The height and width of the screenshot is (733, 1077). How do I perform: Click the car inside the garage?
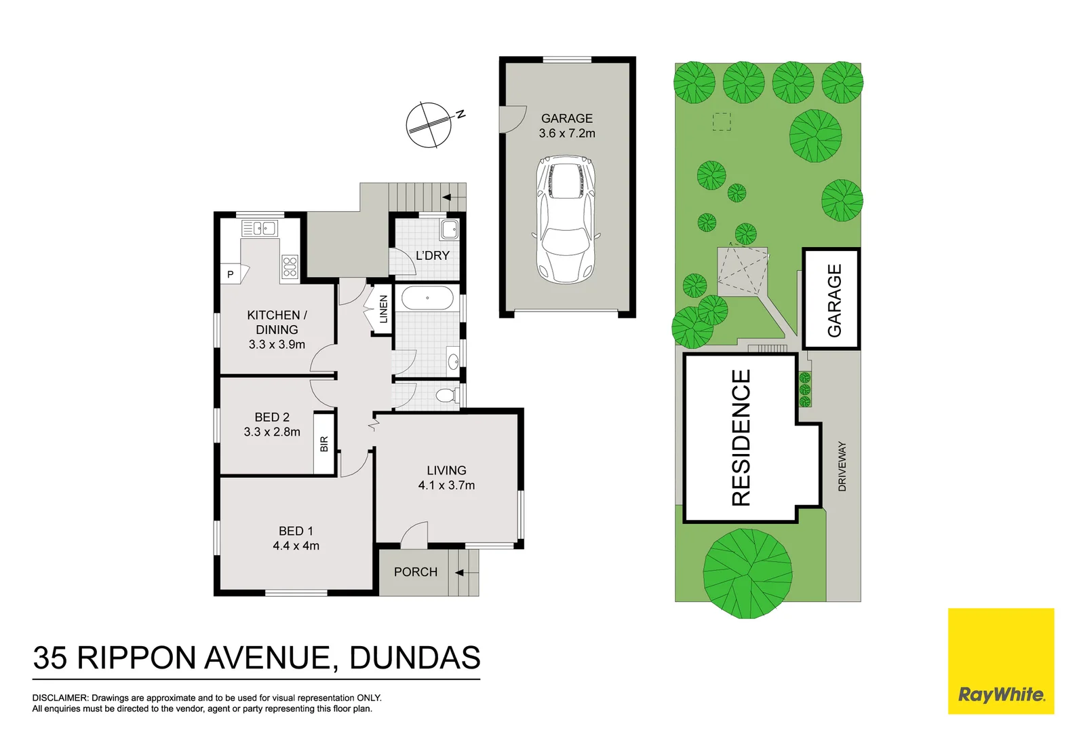click(x=566, y=219)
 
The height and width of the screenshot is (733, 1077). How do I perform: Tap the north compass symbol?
click(x=429, y=125)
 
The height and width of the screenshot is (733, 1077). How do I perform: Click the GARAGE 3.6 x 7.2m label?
click(x=567, y=126)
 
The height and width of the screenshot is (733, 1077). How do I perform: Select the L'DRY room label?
click(x=433, y=256)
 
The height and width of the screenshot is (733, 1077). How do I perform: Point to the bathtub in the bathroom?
click(x=427, y=298)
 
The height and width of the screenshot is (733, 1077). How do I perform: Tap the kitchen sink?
click(x=259, y=229)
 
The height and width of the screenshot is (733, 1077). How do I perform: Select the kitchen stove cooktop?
click(x=290, y=267)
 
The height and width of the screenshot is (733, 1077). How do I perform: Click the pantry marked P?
click(x=231, y=274)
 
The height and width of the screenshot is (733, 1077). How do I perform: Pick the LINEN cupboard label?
click(x=383, y=309)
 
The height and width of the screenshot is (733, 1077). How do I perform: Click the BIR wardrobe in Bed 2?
click(x=324, y=444)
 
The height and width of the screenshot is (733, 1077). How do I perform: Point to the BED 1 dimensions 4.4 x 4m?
click(x=296, y=546)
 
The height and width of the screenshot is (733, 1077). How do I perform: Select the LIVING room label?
click(x=446, y=470)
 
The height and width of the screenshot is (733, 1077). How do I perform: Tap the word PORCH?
click(x=416, y=572)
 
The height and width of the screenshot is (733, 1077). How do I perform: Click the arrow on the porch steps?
click(x=460, y=573)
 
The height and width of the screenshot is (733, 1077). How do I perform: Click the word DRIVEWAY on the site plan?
click(x=842, y=466)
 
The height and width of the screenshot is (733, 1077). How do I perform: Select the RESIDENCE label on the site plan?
click(x=741, y=438)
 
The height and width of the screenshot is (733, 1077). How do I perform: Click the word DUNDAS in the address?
click(x=415, y=658)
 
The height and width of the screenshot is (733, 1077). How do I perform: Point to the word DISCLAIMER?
click(x=60, y=698)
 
